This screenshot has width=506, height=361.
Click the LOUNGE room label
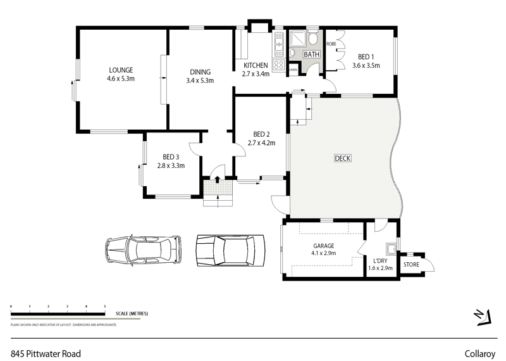pyautogui.click(x=121, y=70)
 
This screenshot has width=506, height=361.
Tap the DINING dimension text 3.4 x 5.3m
pyautogui.click(x=200, y=80)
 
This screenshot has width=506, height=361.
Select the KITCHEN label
pyautogui.click(x=256, y=65)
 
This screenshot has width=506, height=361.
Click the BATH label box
pyautogui.click(x=311, y=55)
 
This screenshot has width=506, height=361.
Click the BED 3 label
pyautogui.click(x=171, y=157)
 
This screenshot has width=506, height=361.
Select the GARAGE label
pyautogui.click(x=323, y=246)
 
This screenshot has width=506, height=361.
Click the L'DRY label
pyautogui.click(x=380, y=260)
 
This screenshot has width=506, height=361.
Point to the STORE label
pyautogui.click(x=411, y=264)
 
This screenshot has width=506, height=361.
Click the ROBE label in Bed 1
pyautogui.click(x=331, y=44)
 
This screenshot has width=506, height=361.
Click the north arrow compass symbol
pyautogui.click(x=483, y=316)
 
